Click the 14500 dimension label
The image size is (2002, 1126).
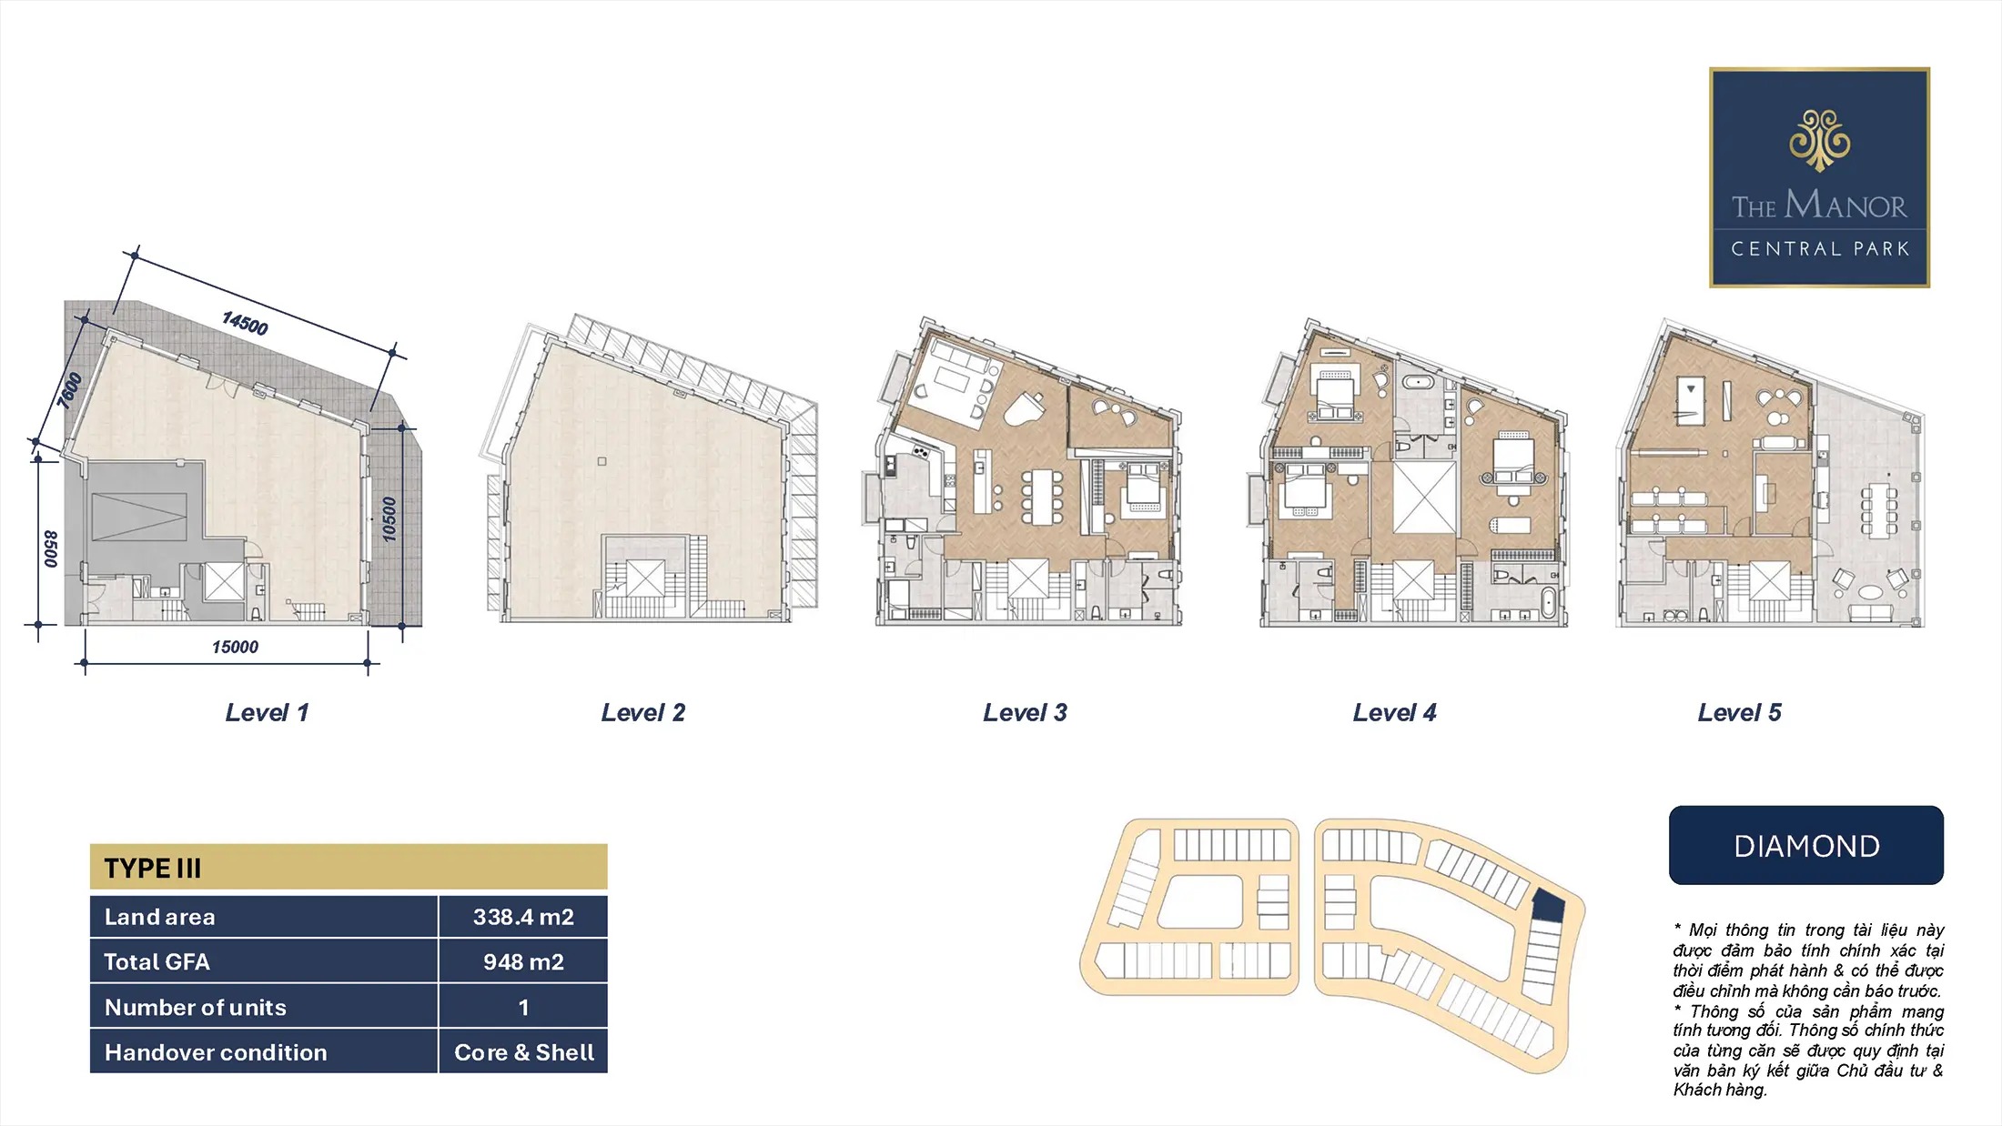point(245,323)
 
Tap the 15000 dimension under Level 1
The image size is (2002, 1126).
point(235,647)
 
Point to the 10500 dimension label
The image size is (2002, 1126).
point(389,519)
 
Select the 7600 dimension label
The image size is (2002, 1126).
point(69,390)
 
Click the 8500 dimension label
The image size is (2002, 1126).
point(51,549)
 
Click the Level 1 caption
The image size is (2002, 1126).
point(267,713)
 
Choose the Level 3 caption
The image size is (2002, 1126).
point(1025,713)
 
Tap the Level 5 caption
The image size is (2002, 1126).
point(1739,713)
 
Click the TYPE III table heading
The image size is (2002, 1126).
point(152,869)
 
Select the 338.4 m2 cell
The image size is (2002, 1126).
point(523,917)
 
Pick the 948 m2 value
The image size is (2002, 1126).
point(523,961)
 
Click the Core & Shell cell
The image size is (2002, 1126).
point(523,1052)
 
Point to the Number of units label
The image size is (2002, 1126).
point(196,1007)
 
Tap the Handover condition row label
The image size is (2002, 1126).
point(216,1052)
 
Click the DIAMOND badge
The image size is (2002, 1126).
point(1806,845)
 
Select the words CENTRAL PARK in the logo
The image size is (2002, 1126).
point(1819,249)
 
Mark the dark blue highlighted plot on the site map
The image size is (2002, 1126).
point(1548,906)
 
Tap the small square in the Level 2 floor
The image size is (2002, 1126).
point(602,461)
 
